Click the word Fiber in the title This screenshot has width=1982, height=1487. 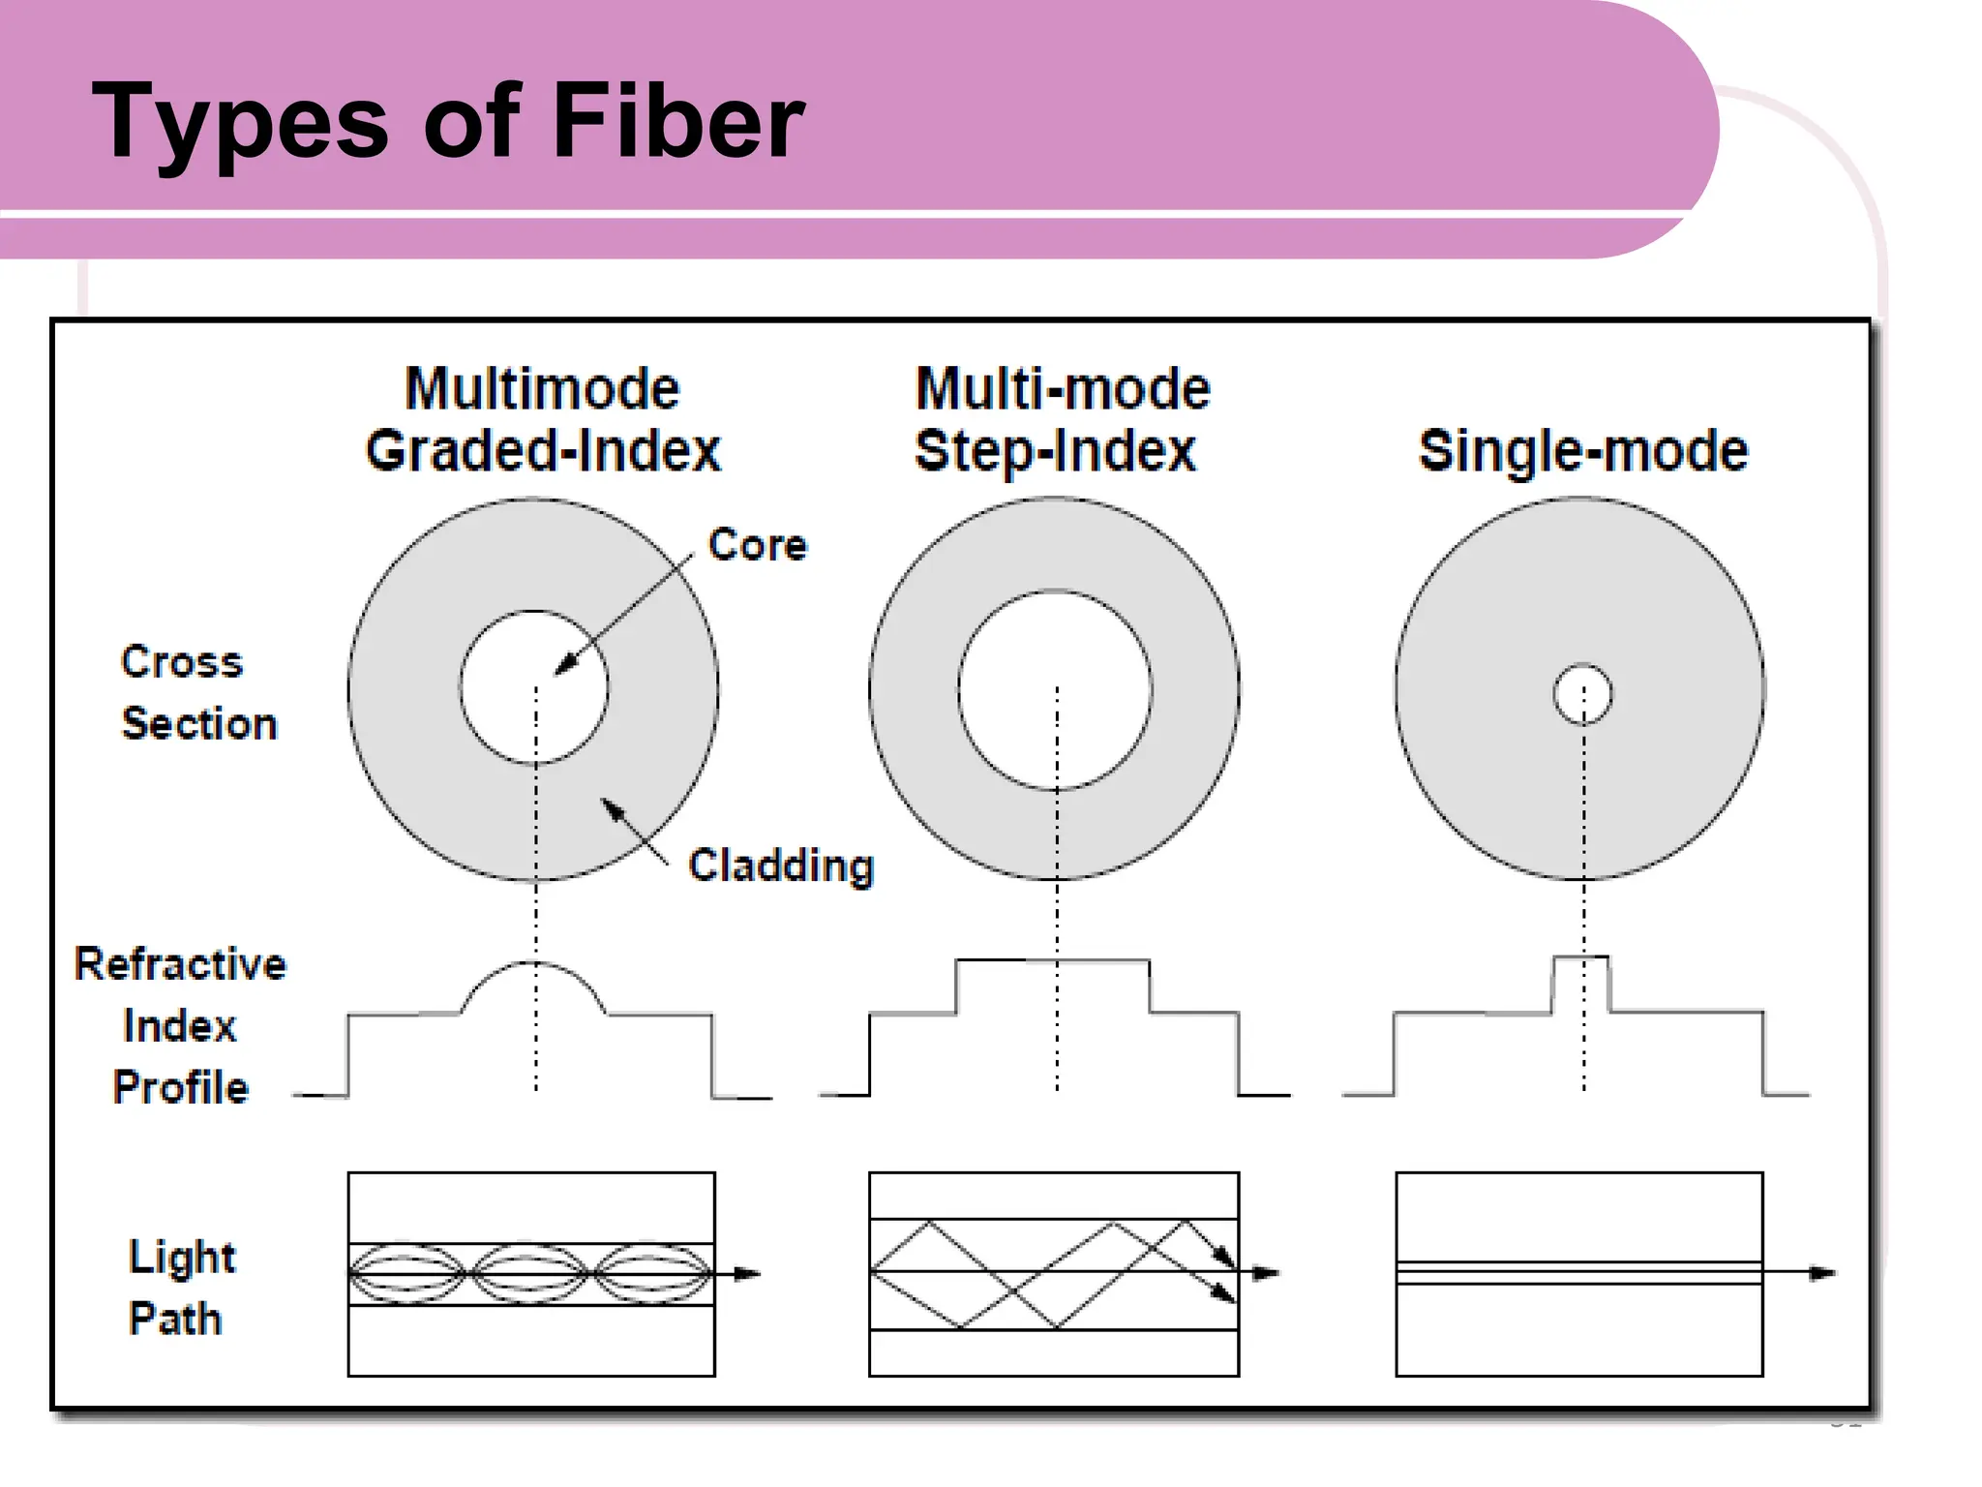coord(677,123)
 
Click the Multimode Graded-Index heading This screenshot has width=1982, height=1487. coord(542,419)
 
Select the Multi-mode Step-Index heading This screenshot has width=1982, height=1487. coord(1061,419)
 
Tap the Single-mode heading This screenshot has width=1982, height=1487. coord(1583,451)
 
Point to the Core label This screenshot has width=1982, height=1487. coord(757,545)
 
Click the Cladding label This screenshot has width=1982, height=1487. coord(780,865)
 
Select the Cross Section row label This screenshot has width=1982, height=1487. coord(197,692)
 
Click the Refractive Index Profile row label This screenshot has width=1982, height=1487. coord(180,1025)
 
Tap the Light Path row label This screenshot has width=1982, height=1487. coord(180,1288)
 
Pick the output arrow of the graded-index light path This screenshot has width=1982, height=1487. coord(745,1273)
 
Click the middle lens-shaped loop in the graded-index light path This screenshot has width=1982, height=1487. coord(530,1273)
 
